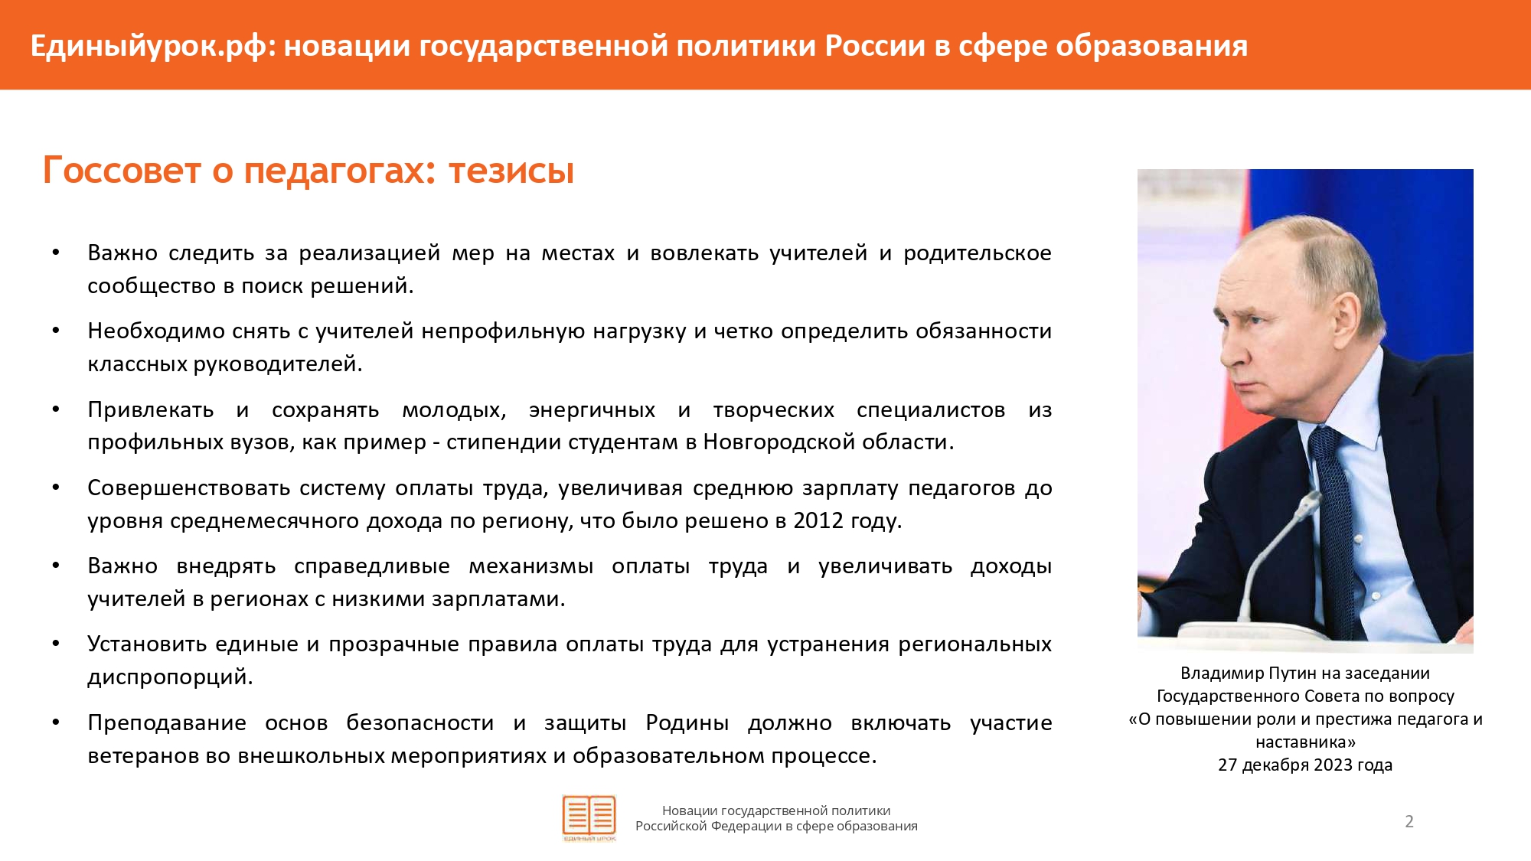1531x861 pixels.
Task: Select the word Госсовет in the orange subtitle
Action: pyautogui.click(x=122, y=170)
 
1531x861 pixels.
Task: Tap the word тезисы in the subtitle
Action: pyautogui.click(x=511, y=171)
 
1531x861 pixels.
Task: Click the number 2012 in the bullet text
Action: pyautogui.click(x=818, y=520)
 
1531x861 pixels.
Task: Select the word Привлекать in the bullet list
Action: pyautogui.click(x=151, y=410)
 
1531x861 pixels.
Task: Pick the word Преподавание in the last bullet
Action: pyautogui.click(x=167, y=723)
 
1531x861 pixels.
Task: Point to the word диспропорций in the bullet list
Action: pyautogui.click(x=170, y=677)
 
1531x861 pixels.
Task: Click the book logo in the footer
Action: pyautogui.click(x=589, y=818)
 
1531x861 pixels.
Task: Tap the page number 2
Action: pyautogui.click(x=1409, y=821)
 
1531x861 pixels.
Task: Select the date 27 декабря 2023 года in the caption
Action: pyautogui.click(x=1305, y=765)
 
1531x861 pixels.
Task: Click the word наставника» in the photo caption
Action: pyautogui.click(x=1305, y=742)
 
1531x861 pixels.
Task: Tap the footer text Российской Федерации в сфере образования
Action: pyautogui.click(x=776, y=827)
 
